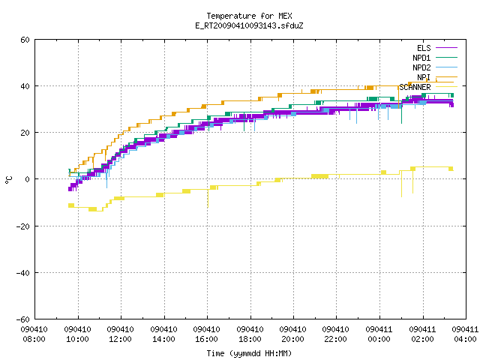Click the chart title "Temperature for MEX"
(x=249, y=16)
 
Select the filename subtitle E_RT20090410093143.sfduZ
(x=249, y=25)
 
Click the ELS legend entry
(x=436, y=48)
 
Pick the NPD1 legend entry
(x=435, y=58)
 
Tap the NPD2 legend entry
(x=435, y=67)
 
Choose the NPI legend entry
(x=436, y=77)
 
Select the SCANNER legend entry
(x=428, y=87)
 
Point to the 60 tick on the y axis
(x=25, y=40)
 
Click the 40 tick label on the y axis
(x=25, y=86)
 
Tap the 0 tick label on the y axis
(x=28, y=179)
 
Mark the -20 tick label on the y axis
(x=23, y=226)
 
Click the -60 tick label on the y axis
(x=23, y=319)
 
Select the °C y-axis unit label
(x=9, y=180)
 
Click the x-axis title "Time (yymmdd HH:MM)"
(x=249, y=353)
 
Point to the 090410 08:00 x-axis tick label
(x=34, y=334)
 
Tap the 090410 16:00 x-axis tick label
(x=207, y=334)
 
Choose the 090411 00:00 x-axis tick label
(x=379, y=334)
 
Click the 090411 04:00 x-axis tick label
(x=465, y=334)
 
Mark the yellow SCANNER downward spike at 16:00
(x=208, y=198)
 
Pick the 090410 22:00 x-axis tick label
(x=336, y=334)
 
